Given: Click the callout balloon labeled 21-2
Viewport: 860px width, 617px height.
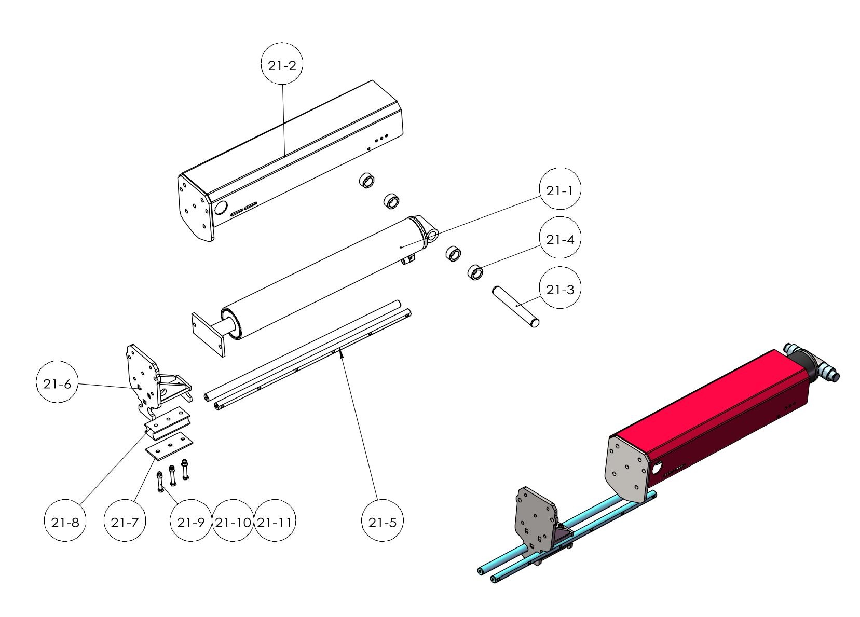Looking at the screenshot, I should pyautogui.click(x=281, y=65).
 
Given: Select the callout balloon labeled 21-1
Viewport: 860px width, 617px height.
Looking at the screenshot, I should pyautogui.click(x=559, y=190).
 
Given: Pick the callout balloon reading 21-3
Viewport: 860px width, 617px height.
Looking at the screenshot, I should pyautogui.click(x=559, y=289).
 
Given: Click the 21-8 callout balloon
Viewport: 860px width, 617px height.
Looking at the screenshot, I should pyautogui.click(x=65, y=522).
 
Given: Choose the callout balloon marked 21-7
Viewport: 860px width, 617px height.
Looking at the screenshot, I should pyautogui.click(x=125, y=522).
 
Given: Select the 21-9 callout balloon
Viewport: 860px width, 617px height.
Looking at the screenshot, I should pyautogui.click(x=191, y=522).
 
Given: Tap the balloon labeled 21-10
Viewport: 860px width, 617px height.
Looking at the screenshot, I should pyautogui.click(x=233, y=522).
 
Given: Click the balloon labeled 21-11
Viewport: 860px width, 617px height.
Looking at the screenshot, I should pyautogui.click(x=274, y=522).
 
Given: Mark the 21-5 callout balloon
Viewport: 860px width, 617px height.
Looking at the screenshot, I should pyautogui.click(x=382, y=522).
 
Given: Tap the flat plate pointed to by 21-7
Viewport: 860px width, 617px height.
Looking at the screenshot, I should pyautogui.click(x=168, y=445).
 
